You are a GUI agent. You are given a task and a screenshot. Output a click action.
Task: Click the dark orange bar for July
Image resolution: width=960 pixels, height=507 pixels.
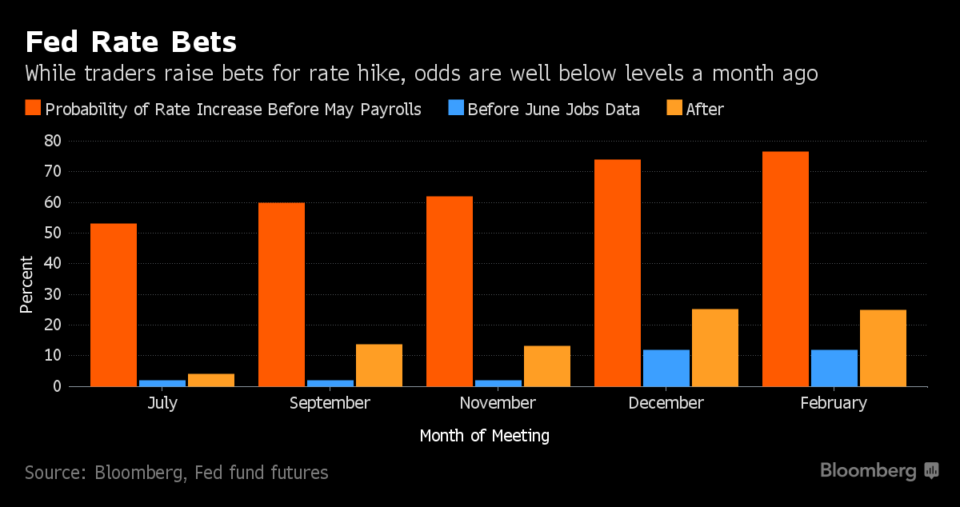(114, 305)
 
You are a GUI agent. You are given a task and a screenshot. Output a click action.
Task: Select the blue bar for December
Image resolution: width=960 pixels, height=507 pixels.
(666, 368)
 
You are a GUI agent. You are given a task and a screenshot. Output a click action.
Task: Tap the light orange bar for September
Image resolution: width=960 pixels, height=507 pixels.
(379, 365)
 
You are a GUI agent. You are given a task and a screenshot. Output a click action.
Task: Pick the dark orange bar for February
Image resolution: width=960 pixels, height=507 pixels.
(786, 269)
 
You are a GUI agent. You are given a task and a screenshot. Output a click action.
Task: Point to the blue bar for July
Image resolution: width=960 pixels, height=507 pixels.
(162, 383)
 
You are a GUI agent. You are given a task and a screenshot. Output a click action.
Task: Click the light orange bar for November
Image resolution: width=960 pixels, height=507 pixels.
(546, 366)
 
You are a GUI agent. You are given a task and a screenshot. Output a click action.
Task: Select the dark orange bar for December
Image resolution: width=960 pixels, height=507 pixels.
(618, 273)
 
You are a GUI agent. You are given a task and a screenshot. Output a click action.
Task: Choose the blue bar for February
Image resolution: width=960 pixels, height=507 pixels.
(834, 368)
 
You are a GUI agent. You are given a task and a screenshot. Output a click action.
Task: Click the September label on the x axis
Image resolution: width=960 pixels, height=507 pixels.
(330, 403)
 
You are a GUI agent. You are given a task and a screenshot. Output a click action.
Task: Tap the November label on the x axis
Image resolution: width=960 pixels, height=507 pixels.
(498, 403)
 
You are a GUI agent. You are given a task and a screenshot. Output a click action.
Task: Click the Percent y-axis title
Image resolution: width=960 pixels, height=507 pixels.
(26, 284)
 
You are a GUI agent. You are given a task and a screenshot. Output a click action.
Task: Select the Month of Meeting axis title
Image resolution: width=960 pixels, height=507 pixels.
(484, 436)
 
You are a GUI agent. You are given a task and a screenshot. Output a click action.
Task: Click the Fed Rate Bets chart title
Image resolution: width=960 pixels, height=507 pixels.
(131, 42)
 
